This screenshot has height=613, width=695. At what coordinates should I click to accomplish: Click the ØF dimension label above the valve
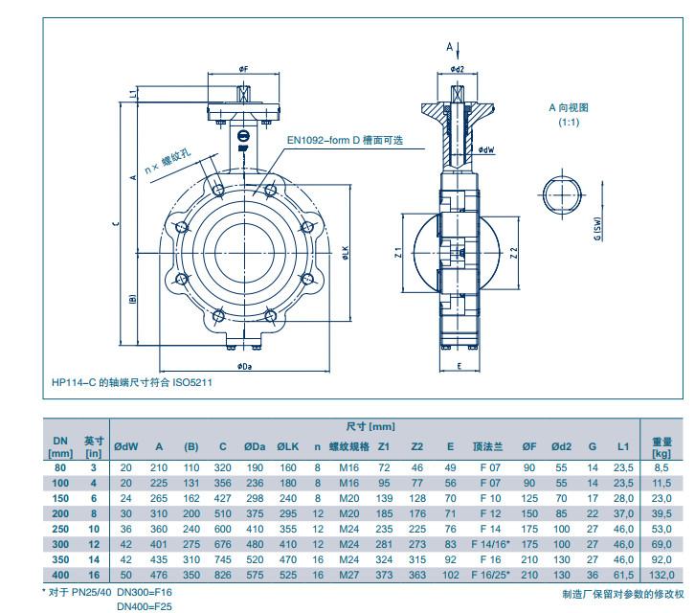click(x=244, y=70)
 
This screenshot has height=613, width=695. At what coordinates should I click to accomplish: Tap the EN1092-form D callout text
click(x=346, y=140)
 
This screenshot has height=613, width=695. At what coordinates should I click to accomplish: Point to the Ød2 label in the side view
click(x=457, y=69)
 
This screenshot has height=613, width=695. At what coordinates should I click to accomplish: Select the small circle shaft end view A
click(x=561, y=193)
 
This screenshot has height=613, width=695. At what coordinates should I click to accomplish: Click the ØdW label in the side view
click(x=486, y=150)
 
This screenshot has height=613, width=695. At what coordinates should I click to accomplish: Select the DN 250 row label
click(x=59, y=529)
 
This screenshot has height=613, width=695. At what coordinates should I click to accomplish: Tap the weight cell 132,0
click(x=662, y=574)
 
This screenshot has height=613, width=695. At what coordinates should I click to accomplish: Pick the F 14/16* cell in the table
click(x=489, y=544)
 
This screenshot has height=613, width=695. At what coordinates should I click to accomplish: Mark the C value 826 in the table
click(x=222, y=574)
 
